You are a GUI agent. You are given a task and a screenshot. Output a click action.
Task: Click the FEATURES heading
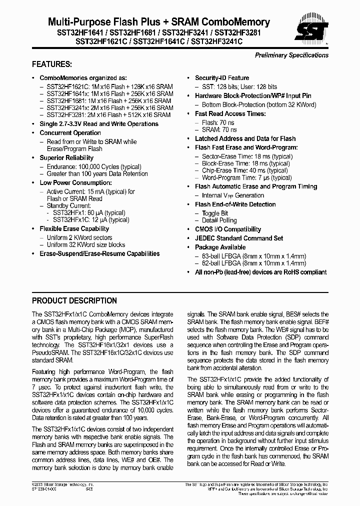(x=52, y=64)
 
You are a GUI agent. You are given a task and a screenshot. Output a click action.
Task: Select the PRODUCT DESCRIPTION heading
(x=74, y=301)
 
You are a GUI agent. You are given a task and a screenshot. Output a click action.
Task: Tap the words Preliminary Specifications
(x=291, y=55)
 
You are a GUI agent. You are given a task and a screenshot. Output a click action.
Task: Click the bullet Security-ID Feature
(x=221, y=78)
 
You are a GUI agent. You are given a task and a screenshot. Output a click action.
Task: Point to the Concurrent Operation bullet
(x=70, y=133)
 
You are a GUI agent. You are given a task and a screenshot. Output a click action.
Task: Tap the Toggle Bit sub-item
(x=214, y=213)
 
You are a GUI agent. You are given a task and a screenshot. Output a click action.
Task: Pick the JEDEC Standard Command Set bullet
(x=238, y=238)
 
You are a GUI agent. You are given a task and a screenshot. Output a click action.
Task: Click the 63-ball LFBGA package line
(x=253, y=256)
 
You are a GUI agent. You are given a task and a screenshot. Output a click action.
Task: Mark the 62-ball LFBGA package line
(x=253, y=263)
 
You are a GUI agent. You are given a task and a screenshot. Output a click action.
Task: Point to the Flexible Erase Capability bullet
(x=74, y=229)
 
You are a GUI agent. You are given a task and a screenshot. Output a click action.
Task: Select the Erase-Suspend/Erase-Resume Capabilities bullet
(x=99, y=254)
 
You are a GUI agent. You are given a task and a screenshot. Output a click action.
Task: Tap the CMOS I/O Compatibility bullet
(x=227, y=229)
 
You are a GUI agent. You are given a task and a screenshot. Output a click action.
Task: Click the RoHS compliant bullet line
(x=260, y=272)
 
